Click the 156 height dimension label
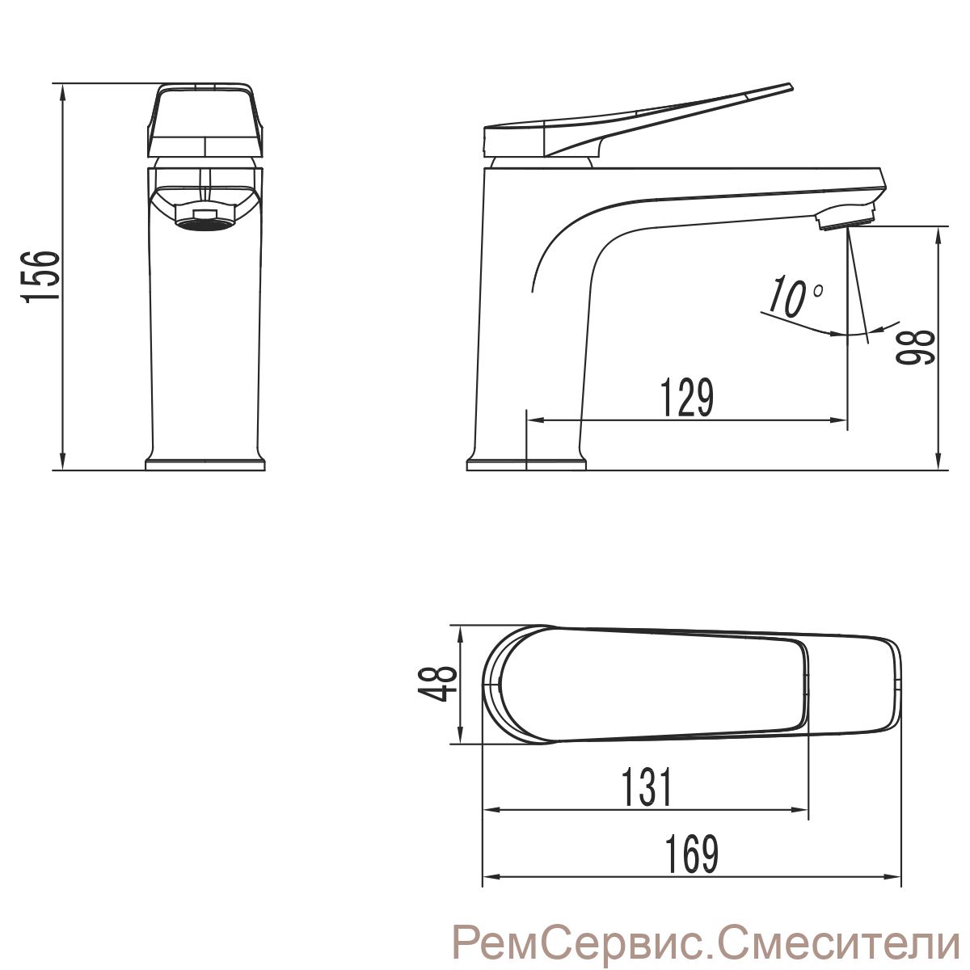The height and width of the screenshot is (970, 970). [40, 276]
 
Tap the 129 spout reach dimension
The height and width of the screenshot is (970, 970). [686, 398]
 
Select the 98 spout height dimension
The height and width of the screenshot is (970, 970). [916, 347]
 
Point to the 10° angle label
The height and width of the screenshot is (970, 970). [795, 296]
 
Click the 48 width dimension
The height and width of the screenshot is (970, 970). [437, 684]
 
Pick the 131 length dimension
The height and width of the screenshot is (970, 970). [647, 787]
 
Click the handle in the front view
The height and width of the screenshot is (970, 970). [205, 120]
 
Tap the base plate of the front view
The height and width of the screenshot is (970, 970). [205, 464]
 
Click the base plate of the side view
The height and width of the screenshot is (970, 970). [526, 464]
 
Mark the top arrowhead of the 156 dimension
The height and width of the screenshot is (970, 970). [62, 91]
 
